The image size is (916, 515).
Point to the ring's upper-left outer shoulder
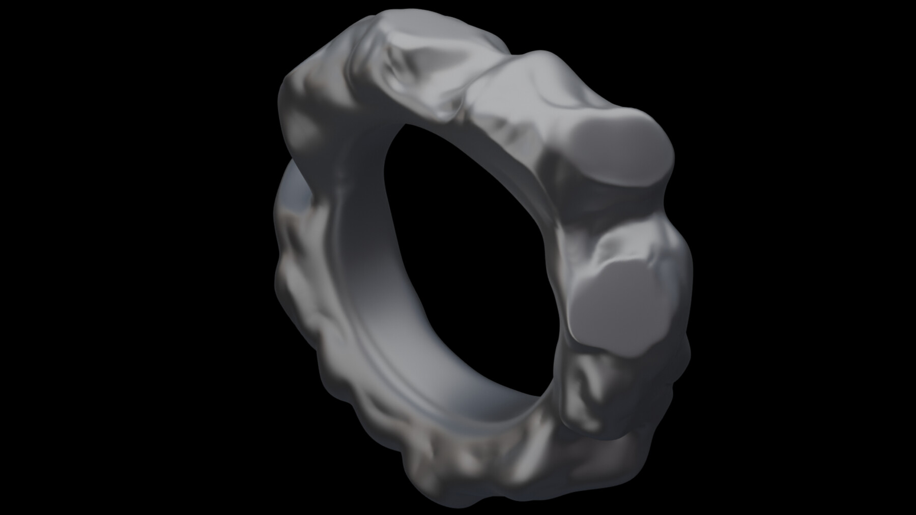(300, 97)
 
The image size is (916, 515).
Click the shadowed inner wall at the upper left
(356, 168)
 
